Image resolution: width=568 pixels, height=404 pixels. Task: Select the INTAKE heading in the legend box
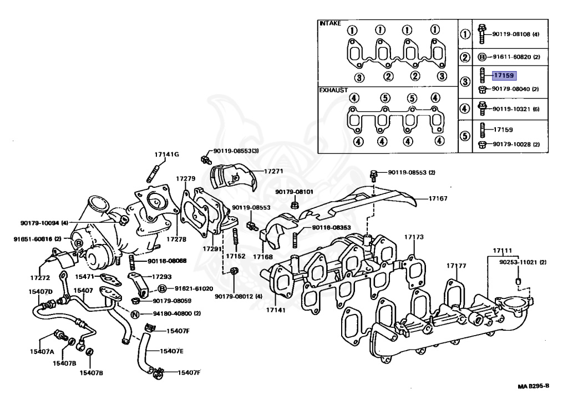coord(330,23)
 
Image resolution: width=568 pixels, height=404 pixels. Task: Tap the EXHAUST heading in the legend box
coord(333,89)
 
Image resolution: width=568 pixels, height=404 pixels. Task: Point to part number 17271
coord(272,172)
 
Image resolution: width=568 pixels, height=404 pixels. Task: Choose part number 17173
coord(413,237)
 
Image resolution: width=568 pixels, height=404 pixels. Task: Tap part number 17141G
coord(167,154)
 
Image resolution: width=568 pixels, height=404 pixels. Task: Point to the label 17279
coord(185,178)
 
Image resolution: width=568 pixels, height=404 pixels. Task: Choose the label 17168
coord(262,257)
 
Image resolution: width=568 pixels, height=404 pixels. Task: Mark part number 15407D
coord(42,291)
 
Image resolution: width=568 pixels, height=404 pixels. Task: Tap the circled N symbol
coord(135,314)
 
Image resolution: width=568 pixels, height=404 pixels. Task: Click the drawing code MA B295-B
coord(534,386)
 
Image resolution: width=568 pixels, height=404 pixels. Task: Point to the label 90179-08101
coord(294,192)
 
